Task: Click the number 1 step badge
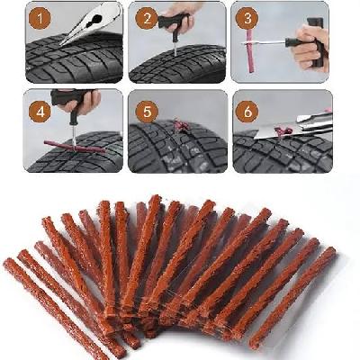tap(40, 19)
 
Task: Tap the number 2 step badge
tap(147, 19)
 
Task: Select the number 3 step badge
tap(247, 19)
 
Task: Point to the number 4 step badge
tap(40, 112)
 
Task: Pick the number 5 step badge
tap(147, 112)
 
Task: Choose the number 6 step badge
tap(247, 112)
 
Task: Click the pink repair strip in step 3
tap(250, 50)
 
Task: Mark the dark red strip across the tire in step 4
tap(75, 147)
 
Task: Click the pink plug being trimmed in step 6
tap(283, 131)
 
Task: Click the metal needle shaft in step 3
tap(264, 43)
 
